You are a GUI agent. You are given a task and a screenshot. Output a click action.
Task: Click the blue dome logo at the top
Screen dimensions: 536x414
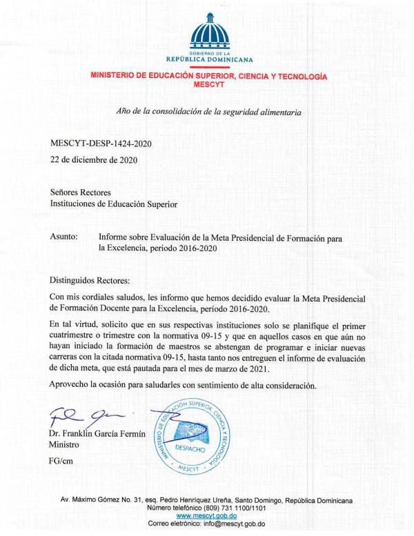[208, 30]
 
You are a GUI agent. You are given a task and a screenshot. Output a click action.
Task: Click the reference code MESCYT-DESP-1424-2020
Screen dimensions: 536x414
[101, 143]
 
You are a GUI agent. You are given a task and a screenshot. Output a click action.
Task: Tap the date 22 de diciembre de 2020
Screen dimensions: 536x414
[95, 159]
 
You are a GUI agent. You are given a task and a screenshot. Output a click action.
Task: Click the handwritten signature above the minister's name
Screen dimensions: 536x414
[79, 417]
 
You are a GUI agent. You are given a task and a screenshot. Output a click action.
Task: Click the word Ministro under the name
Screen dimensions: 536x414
[66, 445]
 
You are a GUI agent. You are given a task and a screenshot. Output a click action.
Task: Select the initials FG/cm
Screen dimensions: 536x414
[63, 460]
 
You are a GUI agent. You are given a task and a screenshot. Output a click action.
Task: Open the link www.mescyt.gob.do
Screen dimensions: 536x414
[207, 515]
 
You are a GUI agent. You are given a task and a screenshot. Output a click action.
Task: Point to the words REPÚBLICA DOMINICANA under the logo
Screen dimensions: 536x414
[208, 59]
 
